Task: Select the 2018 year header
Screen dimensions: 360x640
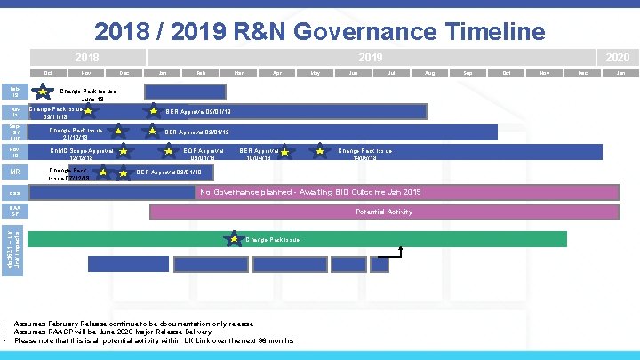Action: pyautogui.click(x=86, y=55)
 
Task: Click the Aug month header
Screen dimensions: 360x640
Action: pyautogui.click(x=430, y=72)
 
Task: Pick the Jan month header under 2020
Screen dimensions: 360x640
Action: pyautogui.click(x=620, y=72)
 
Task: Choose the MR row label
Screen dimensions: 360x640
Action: pyautogui.click(x=15, y=172)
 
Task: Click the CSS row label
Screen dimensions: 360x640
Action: pyautogui.click(x=15, y=193)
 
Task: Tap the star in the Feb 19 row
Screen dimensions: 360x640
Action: pyautogui.click(x=42, y=91)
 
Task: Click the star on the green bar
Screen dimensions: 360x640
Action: pyautogui.click(x=234, y=239)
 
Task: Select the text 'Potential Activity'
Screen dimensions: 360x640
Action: pyautogui.click(x=383, y=212)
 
